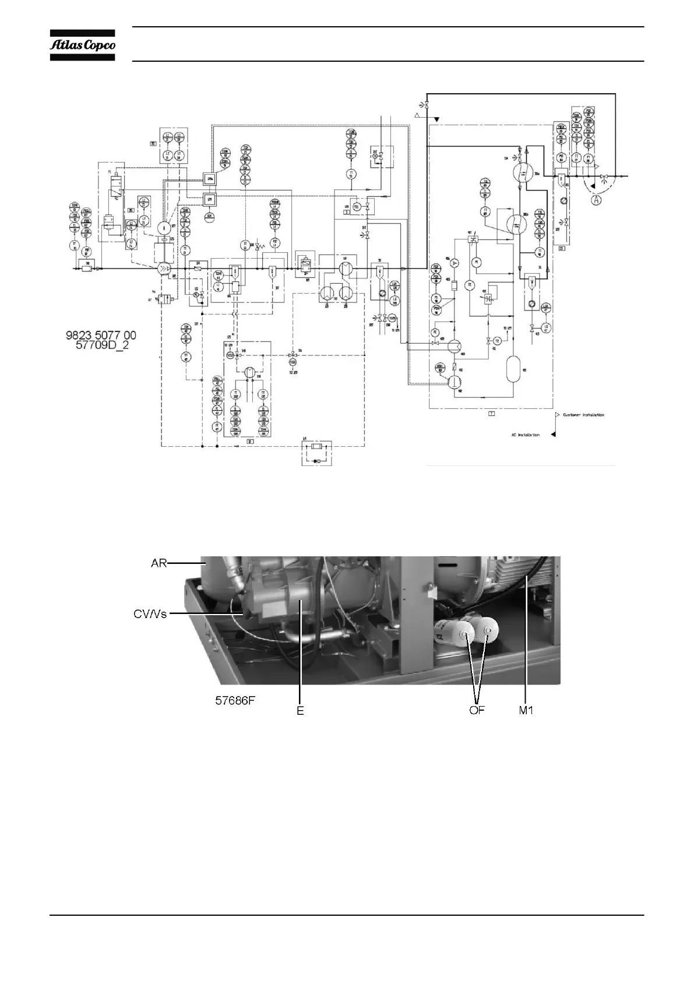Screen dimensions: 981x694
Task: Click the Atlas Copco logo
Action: pos(82,45)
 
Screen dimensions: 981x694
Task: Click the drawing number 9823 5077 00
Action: pos(100,335)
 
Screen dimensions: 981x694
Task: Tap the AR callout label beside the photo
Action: pos(158,563)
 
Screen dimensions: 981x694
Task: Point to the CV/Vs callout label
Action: pos(150,613)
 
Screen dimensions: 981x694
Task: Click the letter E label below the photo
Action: pos(300,711)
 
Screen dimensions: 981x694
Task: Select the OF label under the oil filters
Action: pos(477,711)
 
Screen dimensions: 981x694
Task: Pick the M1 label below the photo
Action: pos(526,711)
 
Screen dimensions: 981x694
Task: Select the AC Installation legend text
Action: pos(525,435)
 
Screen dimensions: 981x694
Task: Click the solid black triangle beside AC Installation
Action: pos(553,434)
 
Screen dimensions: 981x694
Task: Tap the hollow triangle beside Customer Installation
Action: pos(557,415)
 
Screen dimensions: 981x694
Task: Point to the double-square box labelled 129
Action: pos(210,199)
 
